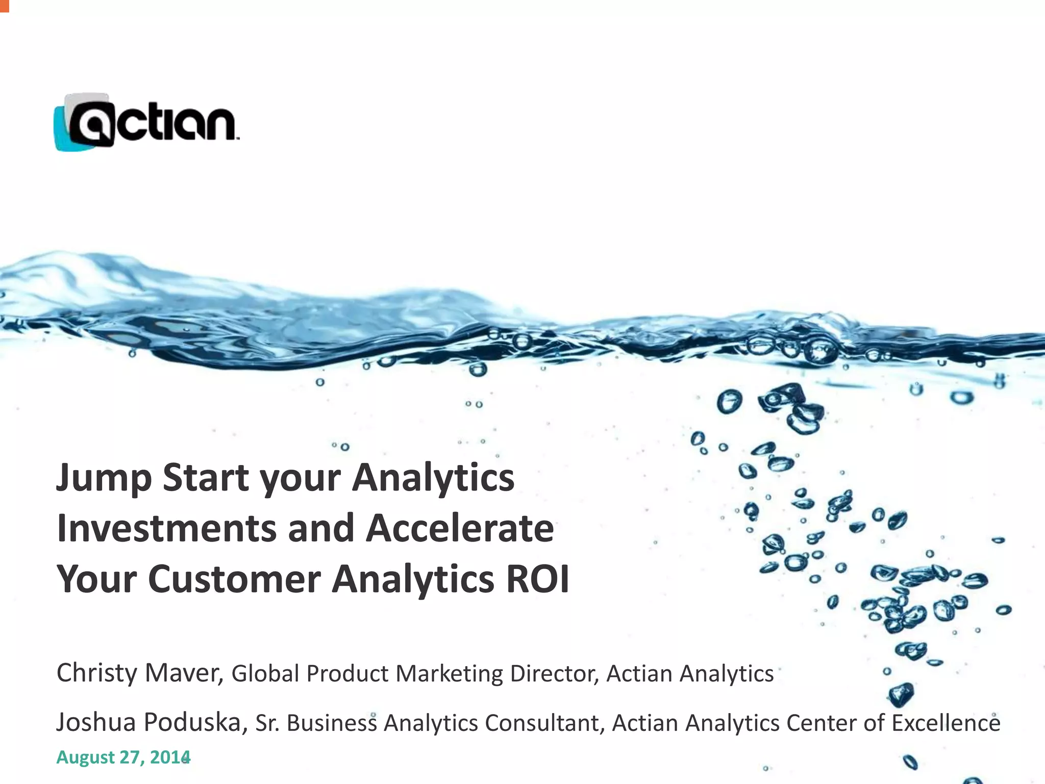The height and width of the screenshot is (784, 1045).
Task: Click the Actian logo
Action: (146, 122)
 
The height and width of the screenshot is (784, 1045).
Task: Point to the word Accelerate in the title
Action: (459, 529)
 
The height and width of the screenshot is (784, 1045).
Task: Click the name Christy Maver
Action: (139, 673)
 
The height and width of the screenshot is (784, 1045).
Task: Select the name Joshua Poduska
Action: (151, 722)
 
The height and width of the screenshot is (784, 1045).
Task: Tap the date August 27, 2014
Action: (123, 757)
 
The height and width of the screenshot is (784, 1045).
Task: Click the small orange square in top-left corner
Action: (4, 5)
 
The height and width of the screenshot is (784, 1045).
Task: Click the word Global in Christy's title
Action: (265, 674)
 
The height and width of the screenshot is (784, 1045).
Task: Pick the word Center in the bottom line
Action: (821, 723)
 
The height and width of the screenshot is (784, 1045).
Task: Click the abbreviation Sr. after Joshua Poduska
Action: (266, 723)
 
